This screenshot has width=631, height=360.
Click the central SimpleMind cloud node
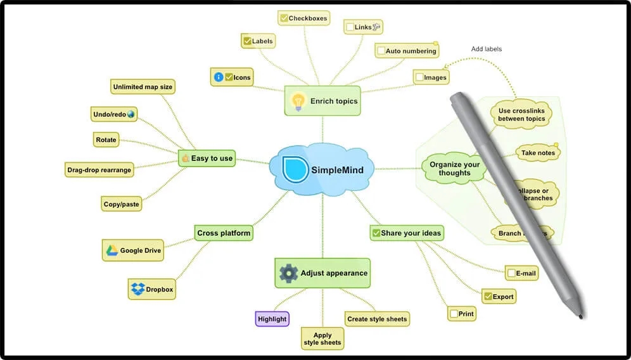tap(321, 169)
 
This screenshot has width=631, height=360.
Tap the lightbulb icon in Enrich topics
tap(297, 101)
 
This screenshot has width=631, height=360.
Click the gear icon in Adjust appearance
tap(288, 273)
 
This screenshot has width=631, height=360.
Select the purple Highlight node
tap(272, 319)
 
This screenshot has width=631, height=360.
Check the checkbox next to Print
tap(454, 314)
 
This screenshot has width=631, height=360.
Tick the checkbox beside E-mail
tap(511, 274)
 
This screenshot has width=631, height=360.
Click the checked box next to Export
tap(487, 296)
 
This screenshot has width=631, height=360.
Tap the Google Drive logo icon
tap(112, 250)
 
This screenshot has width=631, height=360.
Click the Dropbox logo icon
tap(137, 289)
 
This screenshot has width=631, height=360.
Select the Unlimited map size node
tap(143, 87)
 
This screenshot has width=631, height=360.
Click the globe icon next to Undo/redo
tap(131, 114)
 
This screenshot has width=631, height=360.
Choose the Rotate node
tap(106, 140)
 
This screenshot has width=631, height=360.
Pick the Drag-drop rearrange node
tap(99, 170)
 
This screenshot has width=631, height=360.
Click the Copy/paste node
tap(121, 204)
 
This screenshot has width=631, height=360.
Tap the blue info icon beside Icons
tap(219, 77)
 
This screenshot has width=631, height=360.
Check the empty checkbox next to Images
tap(419, 77)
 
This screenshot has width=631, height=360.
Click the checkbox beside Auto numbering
tap(380, 51)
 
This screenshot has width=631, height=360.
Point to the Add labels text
tap(487, 49)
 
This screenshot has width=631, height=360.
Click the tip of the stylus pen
tap(580, 315)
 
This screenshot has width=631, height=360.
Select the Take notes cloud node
tap(538, 153)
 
